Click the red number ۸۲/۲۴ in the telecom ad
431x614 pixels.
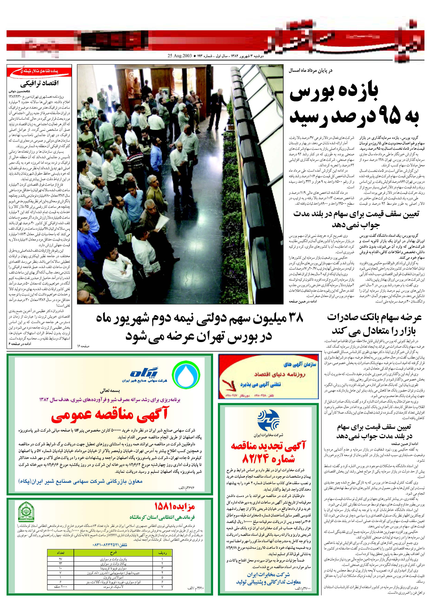pos(268,459)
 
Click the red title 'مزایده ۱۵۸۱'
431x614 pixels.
pos(175,506)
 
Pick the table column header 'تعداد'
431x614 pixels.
pos(60,553)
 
